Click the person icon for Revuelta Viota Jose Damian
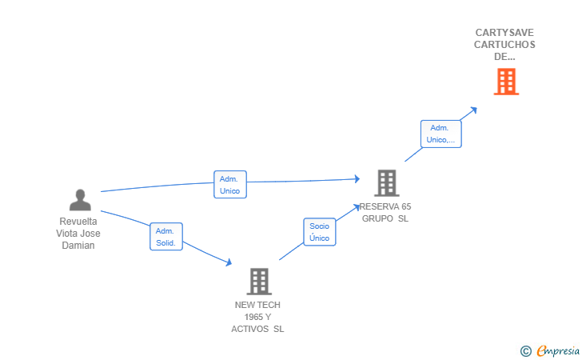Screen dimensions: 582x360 80,200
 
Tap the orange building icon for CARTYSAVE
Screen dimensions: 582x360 506,82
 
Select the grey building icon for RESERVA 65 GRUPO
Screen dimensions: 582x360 387,182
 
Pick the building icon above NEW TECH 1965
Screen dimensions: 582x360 259,282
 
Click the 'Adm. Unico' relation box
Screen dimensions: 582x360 230,185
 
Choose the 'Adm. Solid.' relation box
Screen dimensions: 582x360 166,237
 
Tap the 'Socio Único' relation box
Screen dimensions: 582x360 320,232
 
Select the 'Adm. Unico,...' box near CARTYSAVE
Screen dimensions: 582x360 441,134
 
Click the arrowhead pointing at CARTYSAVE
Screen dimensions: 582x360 473,110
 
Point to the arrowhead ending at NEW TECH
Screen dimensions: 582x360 229,262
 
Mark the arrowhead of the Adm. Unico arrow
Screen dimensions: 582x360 357,179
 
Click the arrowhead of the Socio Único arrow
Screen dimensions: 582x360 357,207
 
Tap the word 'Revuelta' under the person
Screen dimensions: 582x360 78,222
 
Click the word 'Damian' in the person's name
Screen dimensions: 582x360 78,246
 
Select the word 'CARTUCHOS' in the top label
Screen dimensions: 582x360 504,45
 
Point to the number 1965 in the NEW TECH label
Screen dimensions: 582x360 257,317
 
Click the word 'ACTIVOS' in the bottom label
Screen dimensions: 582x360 249,329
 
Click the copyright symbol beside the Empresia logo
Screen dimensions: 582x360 525,351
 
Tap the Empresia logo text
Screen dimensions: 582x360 558,350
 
